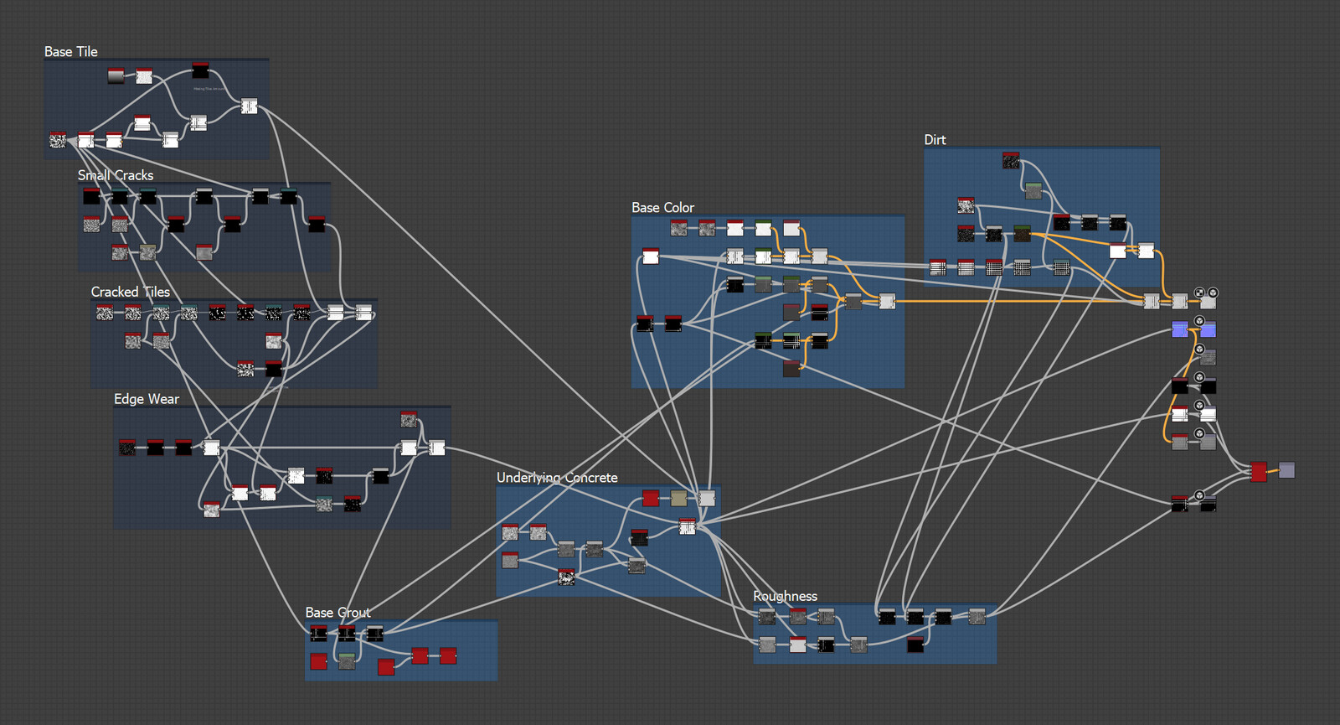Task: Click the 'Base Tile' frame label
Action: [71, 52]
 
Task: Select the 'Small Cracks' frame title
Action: [116, 175]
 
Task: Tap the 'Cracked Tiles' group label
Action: [131, 292]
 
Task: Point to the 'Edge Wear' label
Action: [147, 399]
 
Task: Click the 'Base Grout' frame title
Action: [338, 613]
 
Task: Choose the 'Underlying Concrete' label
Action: [557, 478]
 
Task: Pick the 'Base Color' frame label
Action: [662, 208]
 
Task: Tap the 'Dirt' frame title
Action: [935, 140]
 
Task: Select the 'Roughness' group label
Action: [785, 597]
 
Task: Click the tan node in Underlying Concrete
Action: [678, 499]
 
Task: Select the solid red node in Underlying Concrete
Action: [651, 499]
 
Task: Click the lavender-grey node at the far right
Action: [1286, 470]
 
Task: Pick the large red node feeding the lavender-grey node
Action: [1259, 472]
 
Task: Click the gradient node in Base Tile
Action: [116, 76]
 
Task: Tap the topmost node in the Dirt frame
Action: [1011, 160]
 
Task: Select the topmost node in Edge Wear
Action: [409, 419]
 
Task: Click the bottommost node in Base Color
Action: [791, 368]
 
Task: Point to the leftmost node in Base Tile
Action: [58, 139]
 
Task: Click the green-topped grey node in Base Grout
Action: [347, 662]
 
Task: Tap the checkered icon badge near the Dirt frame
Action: [1199, 293]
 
